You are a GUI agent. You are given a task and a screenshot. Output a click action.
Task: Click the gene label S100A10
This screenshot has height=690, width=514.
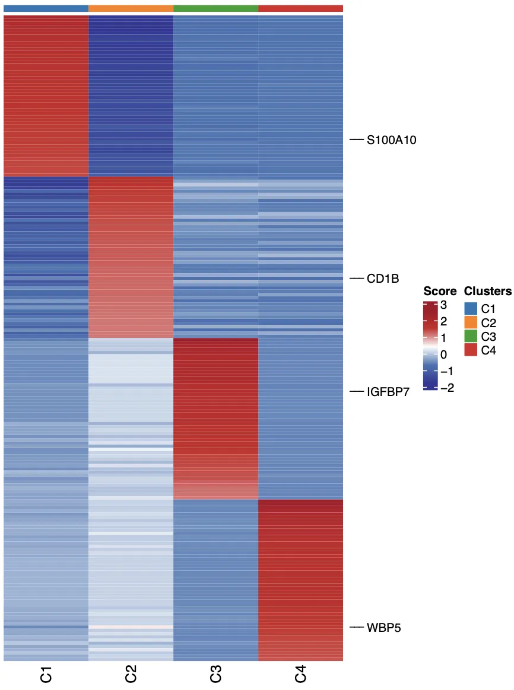tap(391, 140)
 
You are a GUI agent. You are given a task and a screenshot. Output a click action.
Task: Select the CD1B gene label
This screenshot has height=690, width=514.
tap(383, 279)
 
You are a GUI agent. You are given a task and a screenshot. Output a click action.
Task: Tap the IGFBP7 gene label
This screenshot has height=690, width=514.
tap(388, 392)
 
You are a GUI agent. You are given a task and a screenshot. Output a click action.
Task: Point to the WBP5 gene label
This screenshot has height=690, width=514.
tap(384, 627)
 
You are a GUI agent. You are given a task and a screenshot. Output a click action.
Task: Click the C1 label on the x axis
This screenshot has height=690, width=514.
tap(46, 674)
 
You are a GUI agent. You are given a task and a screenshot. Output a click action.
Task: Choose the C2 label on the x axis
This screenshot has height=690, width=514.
tap(131, 674)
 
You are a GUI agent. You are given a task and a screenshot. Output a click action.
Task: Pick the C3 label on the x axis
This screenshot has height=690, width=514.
tap(216, 674)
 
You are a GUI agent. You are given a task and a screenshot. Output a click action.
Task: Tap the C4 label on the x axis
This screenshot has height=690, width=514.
tap(301, 674)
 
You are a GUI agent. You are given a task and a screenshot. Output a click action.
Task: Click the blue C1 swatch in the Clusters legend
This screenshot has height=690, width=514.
tap(471, 308)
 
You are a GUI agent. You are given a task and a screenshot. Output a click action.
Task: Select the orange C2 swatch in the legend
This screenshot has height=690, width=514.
tap(471, 322)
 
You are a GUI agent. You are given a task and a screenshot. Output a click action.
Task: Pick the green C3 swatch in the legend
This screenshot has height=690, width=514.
tap(471, 336)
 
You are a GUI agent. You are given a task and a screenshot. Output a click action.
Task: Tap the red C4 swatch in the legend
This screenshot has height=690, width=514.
tap(471, 350)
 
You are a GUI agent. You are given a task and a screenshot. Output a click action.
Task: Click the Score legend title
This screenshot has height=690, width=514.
tap(440, 292)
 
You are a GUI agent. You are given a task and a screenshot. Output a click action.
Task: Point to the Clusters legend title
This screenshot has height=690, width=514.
tap(487, 292)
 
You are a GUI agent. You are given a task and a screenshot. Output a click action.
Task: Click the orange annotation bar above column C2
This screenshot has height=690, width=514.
tap(131, 8)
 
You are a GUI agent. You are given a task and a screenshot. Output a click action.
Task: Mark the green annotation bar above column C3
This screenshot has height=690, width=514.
tap(215, 8)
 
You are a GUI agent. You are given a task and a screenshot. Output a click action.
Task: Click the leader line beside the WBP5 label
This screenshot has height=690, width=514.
tap(356, 627)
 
